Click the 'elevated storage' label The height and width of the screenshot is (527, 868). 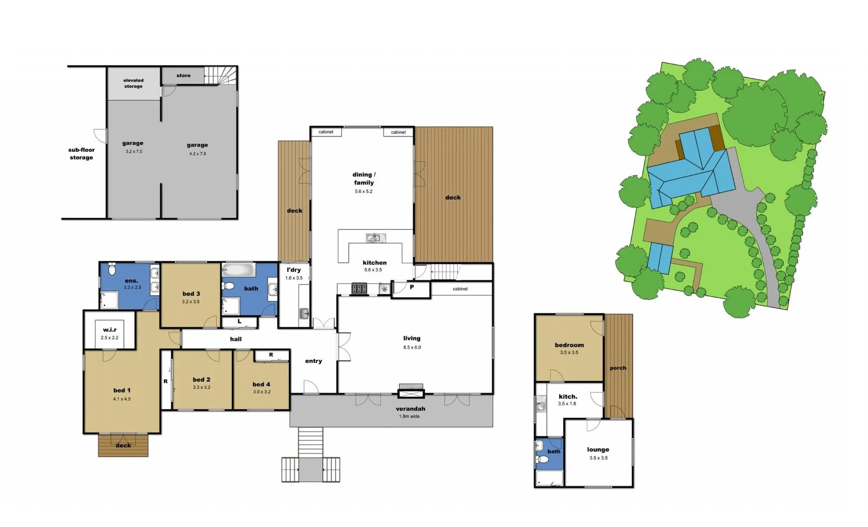pyautogui.click(x=133, y=83)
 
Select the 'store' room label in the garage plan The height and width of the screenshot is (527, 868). pyautogui.click(x=183, y=76)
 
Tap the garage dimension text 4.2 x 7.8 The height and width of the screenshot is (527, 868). pyautogui.click(x=198, y=154)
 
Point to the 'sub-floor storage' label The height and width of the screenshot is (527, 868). pyautogui.click(x=81, y=154)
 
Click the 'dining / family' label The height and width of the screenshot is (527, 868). pyautogui.click(x=364, y=179)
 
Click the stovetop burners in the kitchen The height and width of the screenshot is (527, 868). pyautogui.click(x=359, y=289)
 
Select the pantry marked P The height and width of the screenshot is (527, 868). pyautogui.click(x=411, y=287)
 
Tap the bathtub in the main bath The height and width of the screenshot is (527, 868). pyautogui.click(x=239, y=270)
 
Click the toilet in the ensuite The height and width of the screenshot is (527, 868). pyautogui.click(x=112, y=269)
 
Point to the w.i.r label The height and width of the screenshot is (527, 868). pyautogui.click(x=110, y=330)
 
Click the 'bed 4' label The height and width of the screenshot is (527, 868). pyautogui.click(x=262, y=385)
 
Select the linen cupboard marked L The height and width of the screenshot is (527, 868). pyautogui.click(x=240, y=322)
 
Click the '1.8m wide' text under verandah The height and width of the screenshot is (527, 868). pyautogui.click(x=409, y=417)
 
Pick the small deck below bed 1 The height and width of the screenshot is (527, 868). pyautogui.click(x=123, y=446)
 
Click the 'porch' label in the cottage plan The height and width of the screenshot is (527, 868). pyautogui.click(x=618, y=368)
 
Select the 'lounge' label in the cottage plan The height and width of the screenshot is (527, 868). pyautogui.click(x=598, y=450)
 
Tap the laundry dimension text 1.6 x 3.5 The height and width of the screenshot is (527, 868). pyautogui.click(x=294, y=278)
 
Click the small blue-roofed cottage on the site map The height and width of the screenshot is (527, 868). pyautogui.click(x=660, y=257)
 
